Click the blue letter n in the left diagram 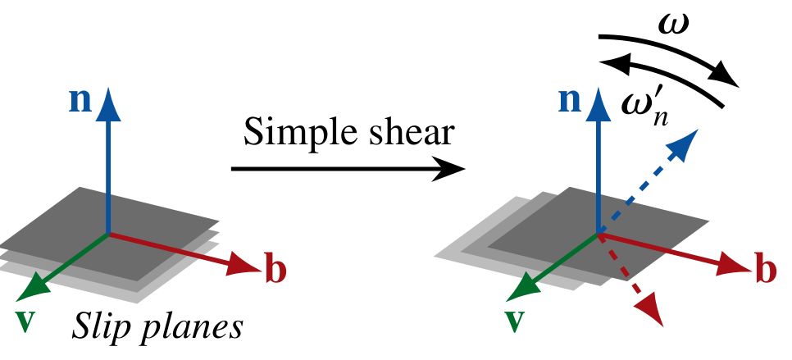tap(80, 100)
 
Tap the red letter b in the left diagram tap(275, 271)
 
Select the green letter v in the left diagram tap(25, 320)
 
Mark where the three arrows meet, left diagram tap(108, 235)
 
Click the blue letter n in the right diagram tap(570, 100)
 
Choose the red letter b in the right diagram tap(765, 271)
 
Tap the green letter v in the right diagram tap(514, 320)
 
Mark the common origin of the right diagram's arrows tap(599, 235)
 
